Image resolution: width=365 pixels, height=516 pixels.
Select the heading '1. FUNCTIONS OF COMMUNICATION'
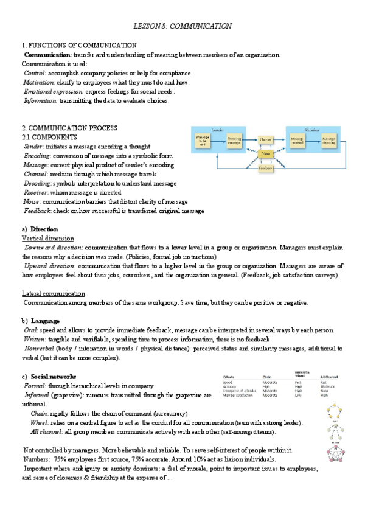tap(79, 46)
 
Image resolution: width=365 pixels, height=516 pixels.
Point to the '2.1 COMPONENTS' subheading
tap(49, 138)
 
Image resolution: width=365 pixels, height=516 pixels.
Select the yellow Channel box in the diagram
tap(265, 140)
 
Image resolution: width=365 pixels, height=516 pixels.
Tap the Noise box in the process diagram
tap(265, 154)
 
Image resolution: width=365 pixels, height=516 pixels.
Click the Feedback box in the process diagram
tap(265, 168)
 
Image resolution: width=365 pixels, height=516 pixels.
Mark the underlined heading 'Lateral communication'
tap(53, 293)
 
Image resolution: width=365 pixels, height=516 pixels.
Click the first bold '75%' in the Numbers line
tap(60, 459)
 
